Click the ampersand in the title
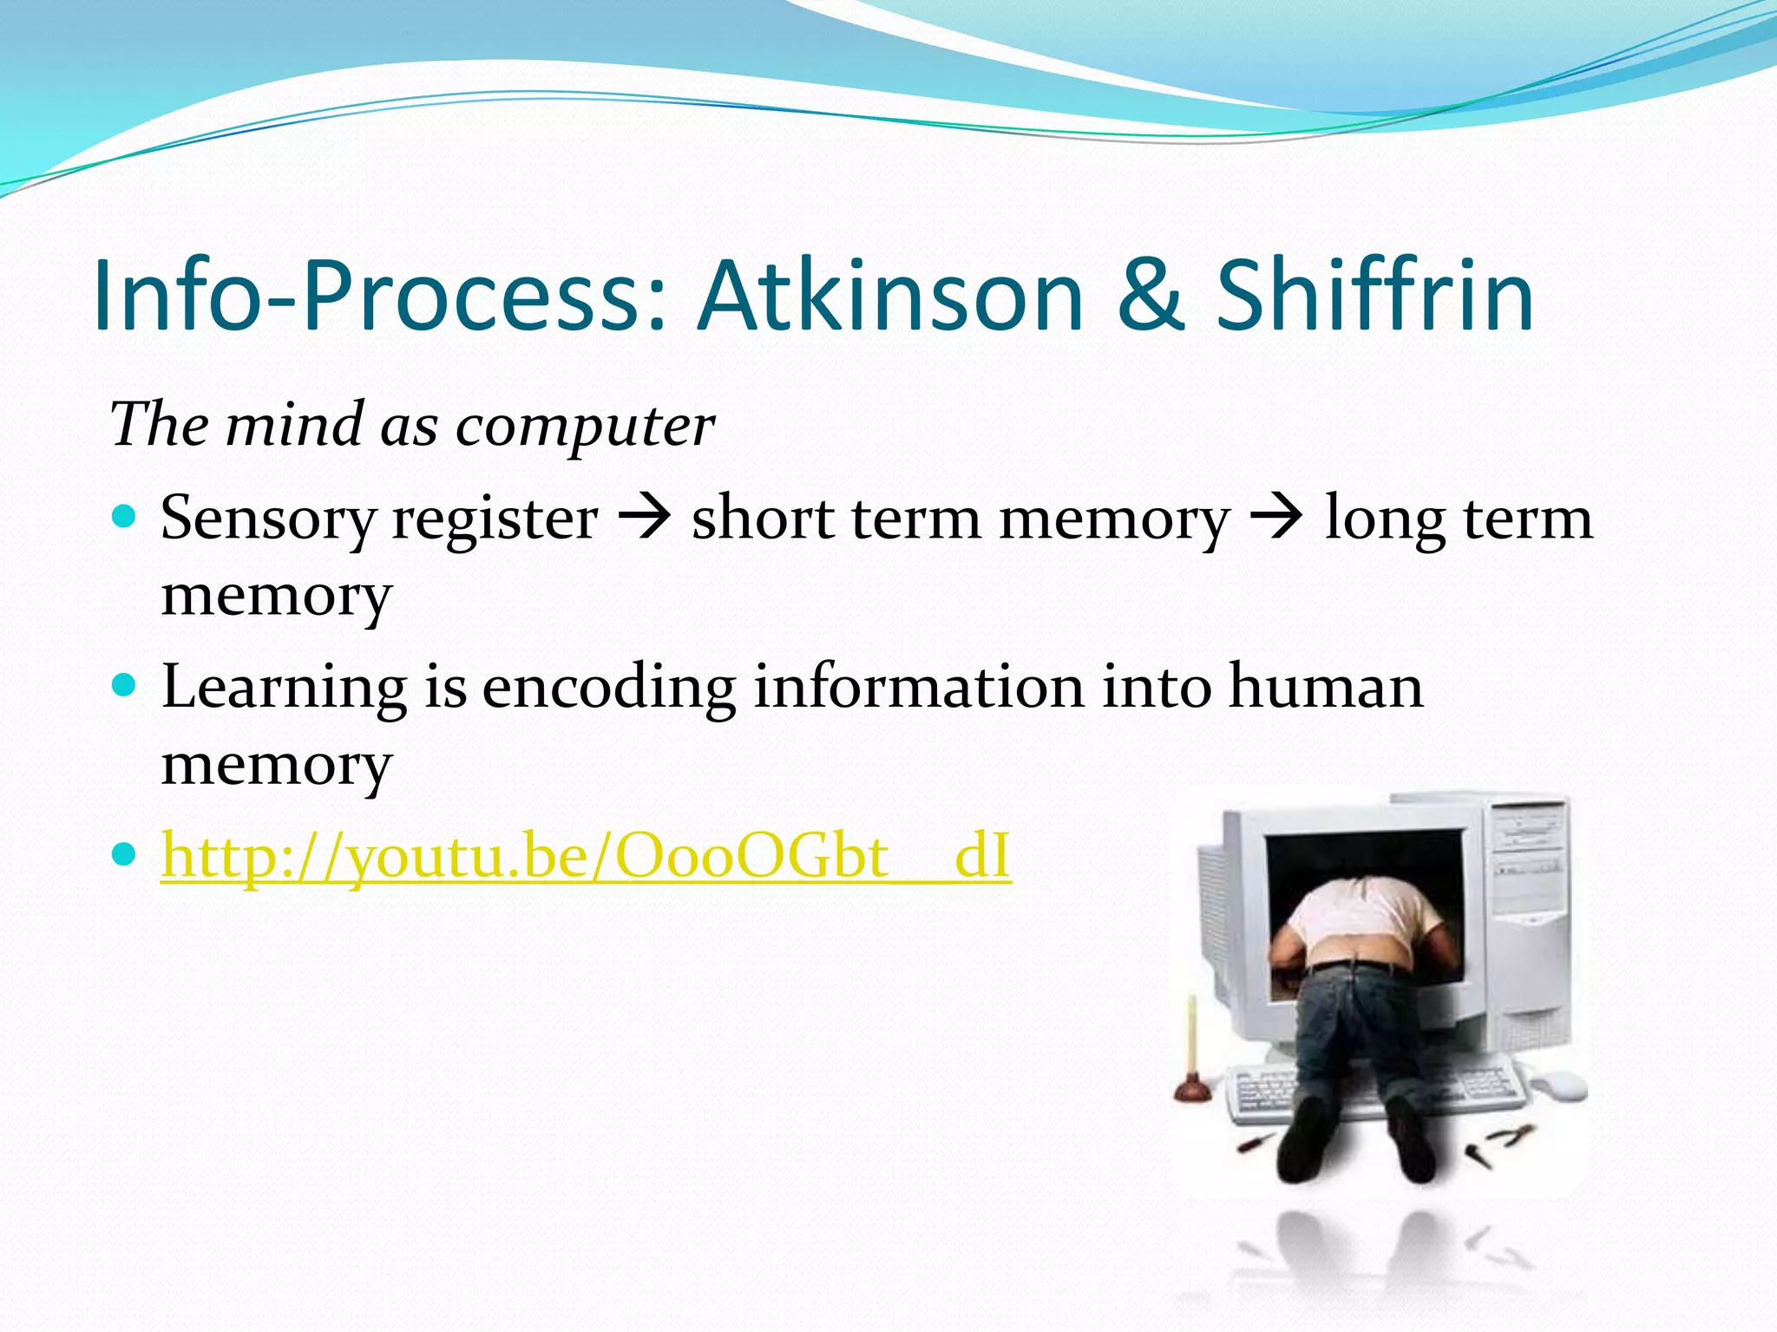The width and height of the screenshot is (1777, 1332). pyautogui.click(x=1150, y=297)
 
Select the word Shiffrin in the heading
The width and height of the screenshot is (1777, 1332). pyautogui.click(x=1374, y=297)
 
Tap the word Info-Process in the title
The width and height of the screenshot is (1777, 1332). pyautogui.click(x=378, y=297)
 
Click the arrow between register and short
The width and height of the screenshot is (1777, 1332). pyautogui.click(x=645, y=519)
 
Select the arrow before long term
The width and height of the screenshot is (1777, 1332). pyautogui.click(x=1276, y=519)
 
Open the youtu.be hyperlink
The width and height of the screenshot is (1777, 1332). pyautogui.click(x=586, y=857)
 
